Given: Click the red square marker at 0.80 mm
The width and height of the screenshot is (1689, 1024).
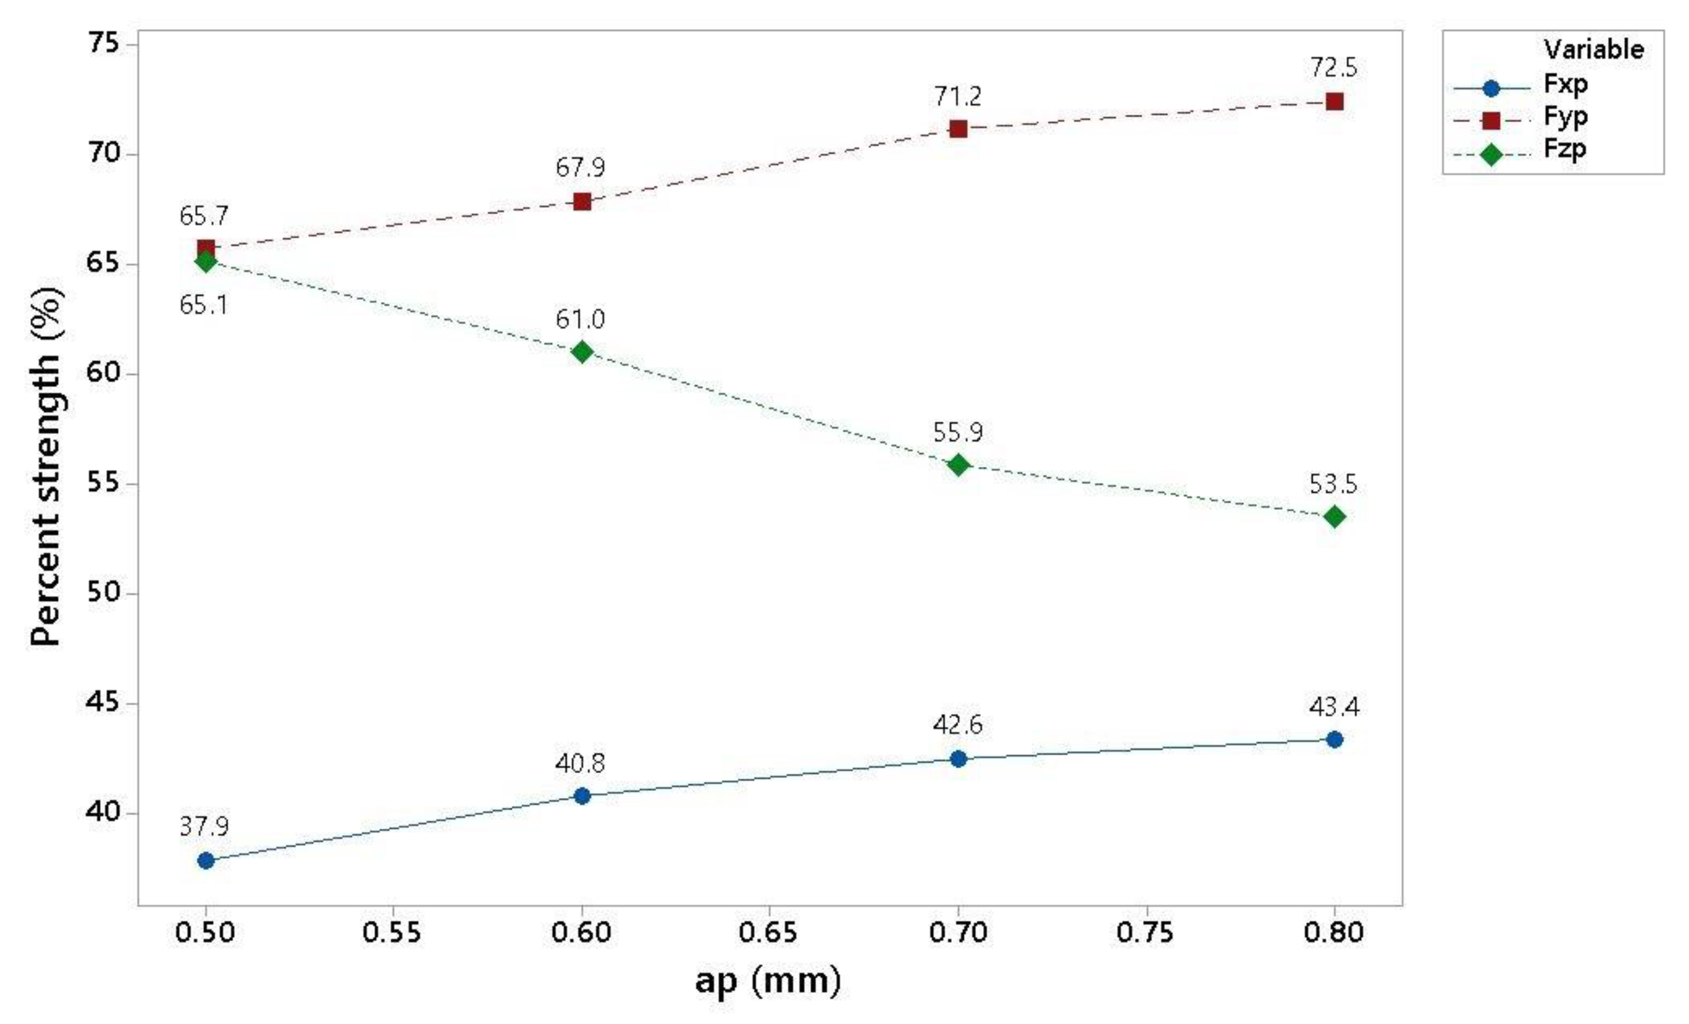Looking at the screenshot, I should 1334,102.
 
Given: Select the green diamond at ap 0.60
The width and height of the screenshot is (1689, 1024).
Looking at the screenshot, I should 582,352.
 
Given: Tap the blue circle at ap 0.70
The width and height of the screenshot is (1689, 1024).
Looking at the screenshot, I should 958,759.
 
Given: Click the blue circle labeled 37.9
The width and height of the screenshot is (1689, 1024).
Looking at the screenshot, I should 205,860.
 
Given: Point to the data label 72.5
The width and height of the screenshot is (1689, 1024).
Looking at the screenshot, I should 1333,68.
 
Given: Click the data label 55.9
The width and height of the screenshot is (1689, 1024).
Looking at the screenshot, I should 958,433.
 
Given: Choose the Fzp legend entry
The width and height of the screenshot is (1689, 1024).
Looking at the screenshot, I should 1565,149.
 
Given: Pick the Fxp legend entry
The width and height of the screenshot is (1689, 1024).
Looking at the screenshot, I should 1565,85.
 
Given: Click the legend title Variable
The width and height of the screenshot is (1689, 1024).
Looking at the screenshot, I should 1593,50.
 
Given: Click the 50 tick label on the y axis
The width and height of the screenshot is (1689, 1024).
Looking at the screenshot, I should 103,594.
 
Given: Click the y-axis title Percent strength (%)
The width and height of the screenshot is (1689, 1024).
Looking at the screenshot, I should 47,466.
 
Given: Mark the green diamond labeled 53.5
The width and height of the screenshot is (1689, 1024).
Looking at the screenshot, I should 1334,517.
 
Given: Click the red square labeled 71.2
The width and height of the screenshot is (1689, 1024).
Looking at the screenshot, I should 958,129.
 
